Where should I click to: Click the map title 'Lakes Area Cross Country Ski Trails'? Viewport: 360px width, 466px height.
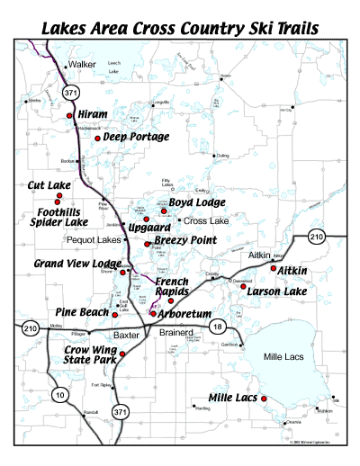pos(179,26)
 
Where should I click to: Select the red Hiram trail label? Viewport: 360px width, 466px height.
pos(93,115)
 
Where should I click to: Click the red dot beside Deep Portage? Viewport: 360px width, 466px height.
pos(98,138)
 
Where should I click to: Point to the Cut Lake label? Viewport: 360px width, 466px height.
pos(49,184)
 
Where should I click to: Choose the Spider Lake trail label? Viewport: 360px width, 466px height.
pos(58,221)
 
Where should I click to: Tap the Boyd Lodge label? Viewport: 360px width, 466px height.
pos(197,202)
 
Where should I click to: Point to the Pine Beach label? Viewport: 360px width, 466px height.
pos(82,310)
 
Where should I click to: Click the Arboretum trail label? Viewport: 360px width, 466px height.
pos(185,314)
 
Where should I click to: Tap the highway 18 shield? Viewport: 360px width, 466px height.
pos(216,327)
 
